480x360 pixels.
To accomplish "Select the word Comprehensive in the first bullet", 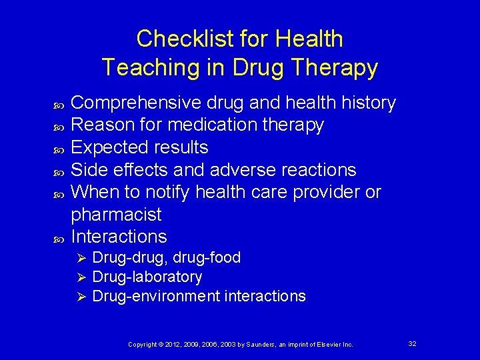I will click(x=132, y=103).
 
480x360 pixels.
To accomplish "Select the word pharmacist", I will click(x=116, y=215).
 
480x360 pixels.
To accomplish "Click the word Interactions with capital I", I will click(x=119, y=237).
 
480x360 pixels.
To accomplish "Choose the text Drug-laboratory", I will click(x=147, y=277).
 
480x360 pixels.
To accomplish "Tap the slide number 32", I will click(x=412, y=343).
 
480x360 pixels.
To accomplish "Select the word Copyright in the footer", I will click(x=142, y=344).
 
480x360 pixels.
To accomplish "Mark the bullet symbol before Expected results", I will click(x=57, y=148).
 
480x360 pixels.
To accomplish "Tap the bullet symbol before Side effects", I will click(x=57, y=171).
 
